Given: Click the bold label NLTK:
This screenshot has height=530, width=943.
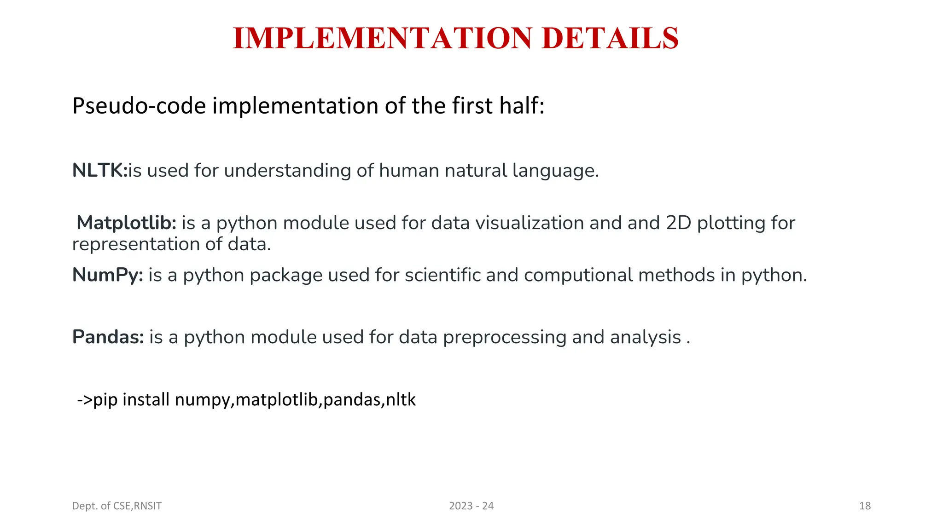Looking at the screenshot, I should coord(99,171).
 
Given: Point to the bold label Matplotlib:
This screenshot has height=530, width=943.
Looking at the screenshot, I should coord(127,223).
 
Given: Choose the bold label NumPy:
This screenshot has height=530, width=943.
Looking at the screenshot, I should coord(108,275).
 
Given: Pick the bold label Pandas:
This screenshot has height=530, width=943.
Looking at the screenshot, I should coord(108,337).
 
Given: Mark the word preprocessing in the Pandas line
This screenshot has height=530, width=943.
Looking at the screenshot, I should coord(504,337).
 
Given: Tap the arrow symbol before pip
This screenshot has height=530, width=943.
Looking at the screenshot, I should coord(85,399).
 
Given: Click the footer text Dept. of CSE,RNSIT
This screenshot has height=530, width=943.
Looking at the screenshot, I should coord(117,506).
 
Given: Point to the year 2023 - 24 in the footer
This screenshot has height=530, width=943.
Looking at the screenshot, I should coord(471,506).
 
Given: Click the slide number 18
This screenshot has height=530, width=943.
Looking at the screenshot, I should coord(865,506).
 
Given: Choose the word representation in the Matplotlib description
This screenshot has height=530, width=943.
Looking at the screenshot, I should coord(136,244).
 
